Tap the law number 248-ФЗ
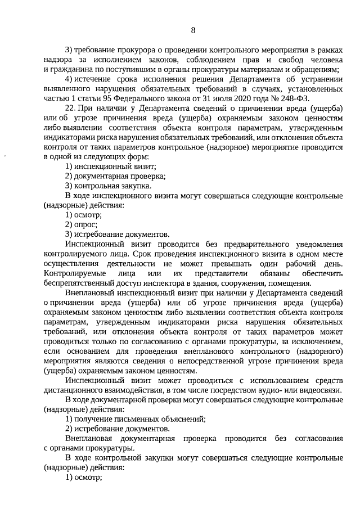click(292, 98)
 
